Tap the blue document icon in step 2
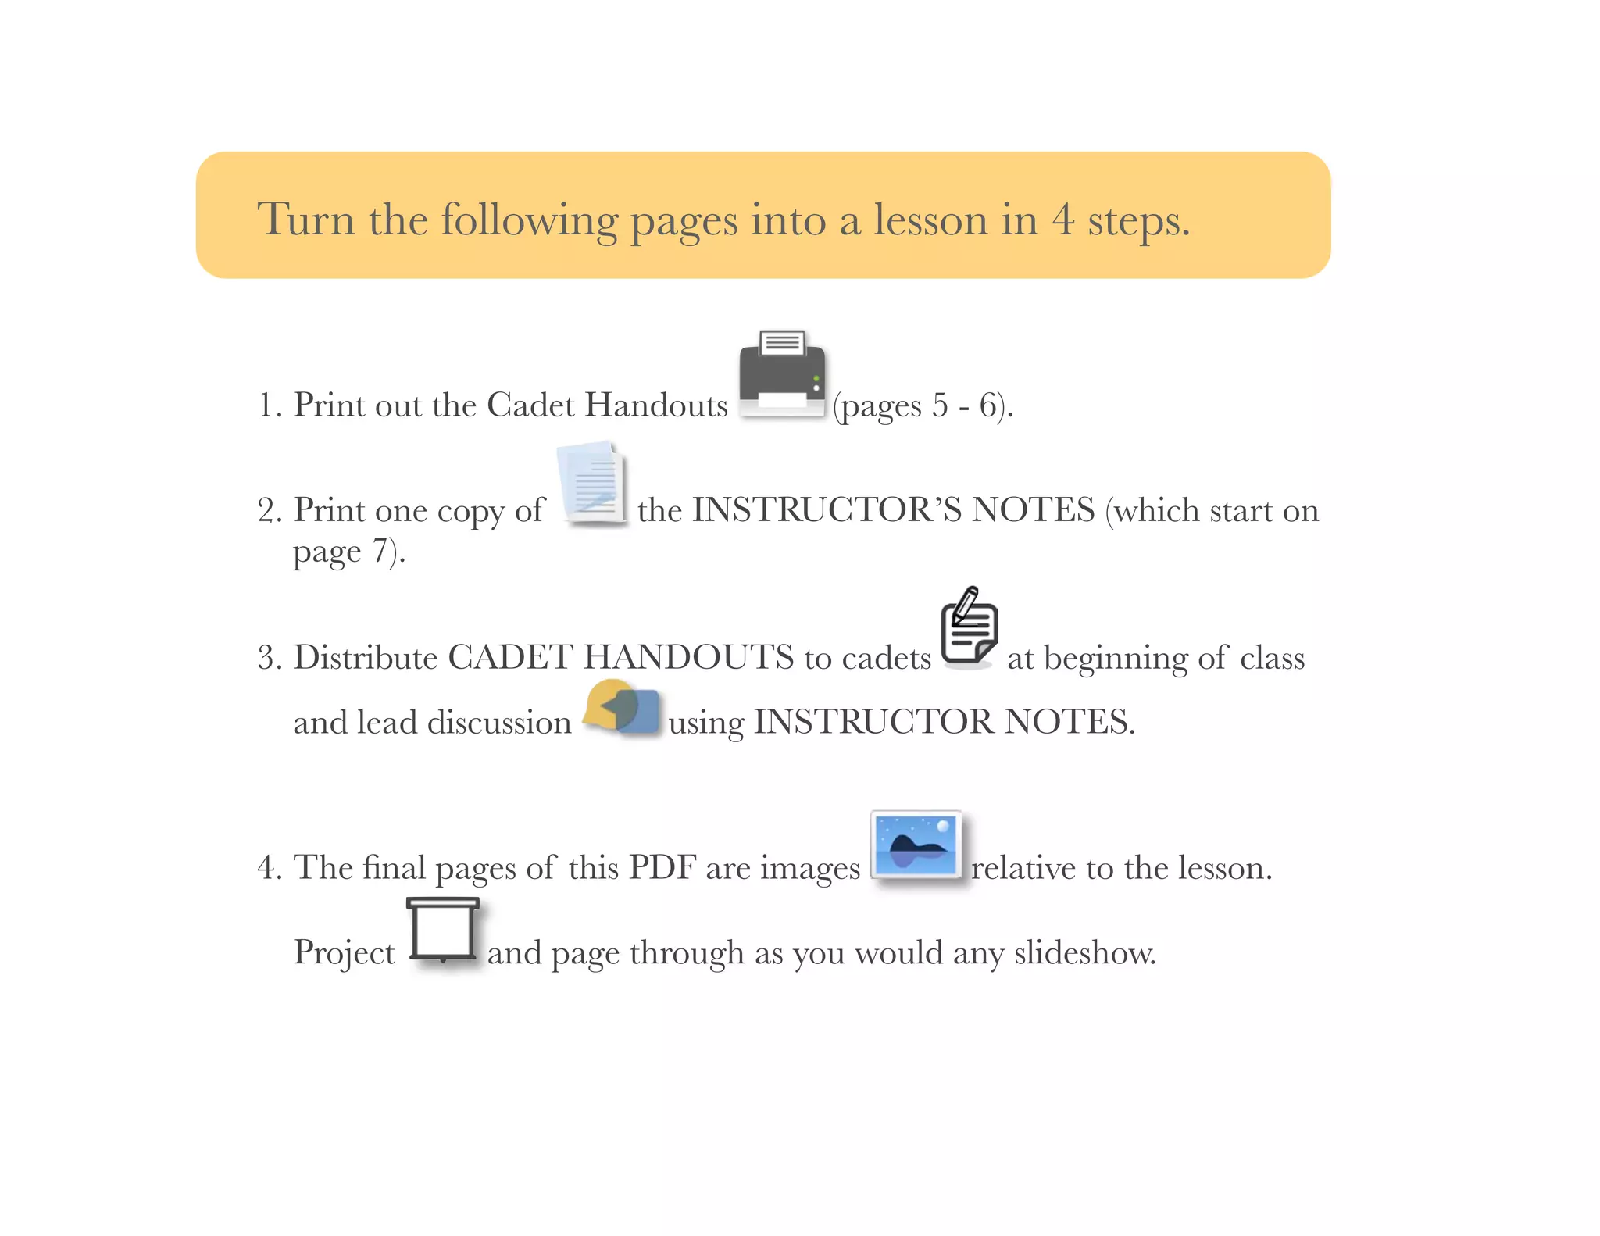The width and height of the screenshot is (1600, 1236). point(592,485)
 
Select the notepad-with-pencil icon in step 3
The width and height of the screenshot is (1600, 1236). point(970,627)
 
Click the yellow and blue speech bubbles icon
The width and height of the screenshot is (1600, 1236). point(623,707)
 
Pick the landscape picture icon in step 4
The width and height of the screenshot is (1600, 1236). point(916,847)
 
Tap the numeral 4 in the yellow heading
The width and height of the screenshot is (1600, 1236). point(1062,220)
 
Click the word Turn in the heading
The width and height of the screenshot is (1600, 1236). point(306,219)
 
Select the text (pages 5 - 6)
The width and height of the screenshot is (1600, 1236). point(923,406)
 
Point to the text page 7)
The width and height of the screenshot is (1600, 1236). point(349,552)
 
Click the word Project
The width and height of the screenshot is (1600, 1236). point(344,953)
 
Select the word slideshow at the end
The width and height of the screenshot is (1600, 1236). point(1085,952)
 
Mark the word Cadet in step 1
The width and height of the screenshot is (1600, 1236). point(530,405)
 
